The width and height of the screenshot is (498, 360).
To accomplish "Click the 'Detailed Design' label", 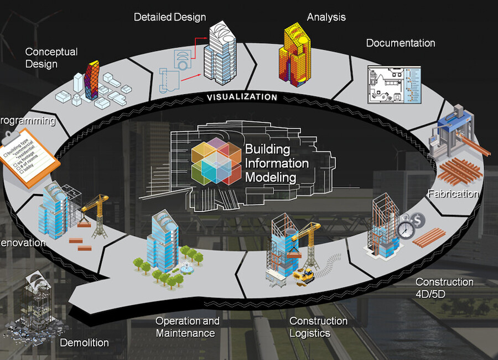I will (170, 17).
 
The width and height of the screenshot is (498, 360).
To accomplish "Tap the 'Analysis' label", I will (326, 17).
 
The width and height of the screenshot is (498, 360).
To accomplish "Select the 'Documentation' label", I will (400, 43).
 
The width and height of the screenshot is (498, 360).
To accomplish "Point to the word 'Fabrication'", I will (453, 194).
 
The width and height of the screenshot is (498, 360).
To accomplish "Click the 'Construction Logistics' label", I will (318, 327).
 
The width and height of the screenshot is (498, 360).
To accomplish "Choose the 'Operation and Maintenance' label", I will (187, 327).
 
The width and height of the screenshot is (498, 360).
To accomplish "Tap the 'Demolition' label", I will (84, 342).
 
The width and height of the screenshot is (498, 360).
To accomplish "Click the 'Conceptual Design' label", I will (51, 58).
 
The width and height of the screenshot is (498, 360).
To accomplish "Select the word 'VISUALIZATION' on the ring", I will (242, 97).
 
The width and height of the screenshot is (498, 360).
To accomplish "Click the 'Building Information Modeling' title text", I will (277, 163).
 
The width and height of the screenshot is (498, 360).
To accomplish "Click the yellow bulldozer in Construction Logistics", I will (304, 274).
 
